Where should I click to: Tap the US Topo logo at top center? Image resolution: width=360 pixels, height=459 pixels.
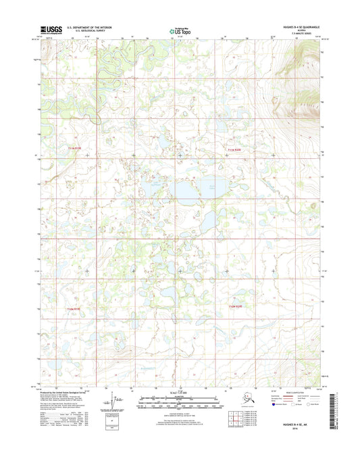(179, 30)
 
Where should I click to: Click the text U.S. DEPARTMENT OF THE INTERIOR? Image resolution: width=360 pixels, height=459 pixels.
(94, 27)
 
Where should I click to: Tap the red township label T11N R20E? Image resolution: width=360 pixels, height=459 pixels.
(233, 149)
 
